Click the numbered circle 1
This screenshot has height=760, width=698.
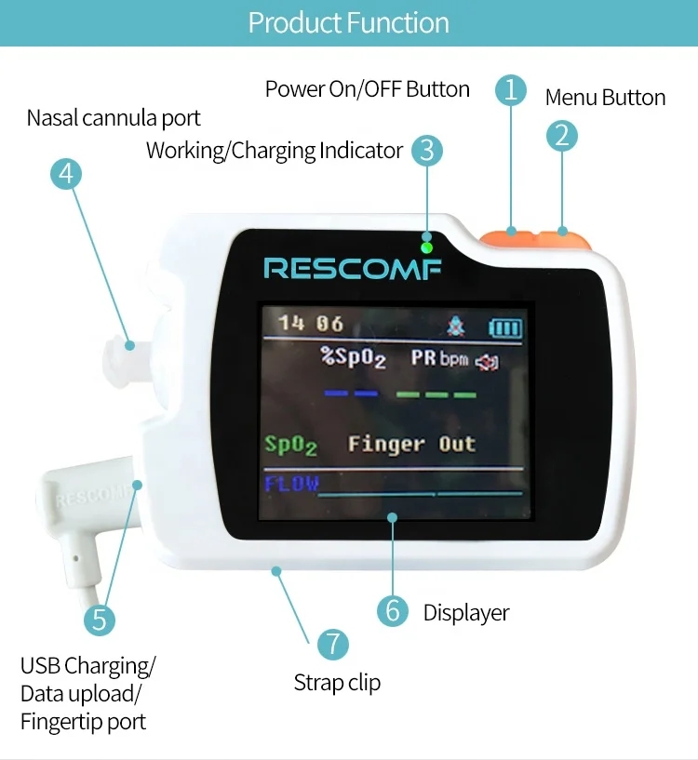tap(510, 89)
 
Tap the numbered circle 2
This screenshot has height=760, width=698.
tap(561, 136)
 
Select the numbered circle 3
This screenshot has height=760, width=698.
tap(426, 150)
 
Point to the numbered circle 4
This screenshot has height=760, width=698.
tap(66, 174)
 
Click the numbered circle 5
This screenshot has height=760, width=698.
tap(100, 620)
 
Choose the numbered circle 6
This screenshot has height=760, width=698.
tap(393, 611)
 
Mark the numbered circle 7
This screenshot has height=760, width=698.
tap(332, 644)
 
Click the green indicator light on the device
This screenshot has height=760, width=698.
tap(426, 247)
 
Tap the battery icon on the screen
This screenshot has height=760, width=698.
tap(506, 327)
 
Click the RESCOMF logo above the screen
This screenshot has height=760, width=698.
tap(353, 269)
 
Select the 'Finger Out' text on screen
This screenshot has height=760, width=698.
tap(411, 445)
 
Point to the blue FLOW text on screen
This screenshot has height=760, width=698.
tap(291, 484)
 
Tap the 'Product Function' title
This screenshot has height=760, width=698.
tap(349, 22)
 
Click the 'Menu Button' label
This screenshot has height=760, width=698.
tap(605, 98)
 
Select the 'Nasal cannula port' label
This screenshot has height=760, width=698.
tap(114, 118)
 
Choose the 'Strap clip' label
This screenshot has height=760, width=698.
tap(337, 683)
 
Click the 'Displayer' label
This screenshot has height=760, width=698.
tap(466, 612)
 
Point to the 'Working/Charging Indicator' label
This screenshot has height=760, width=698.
tap(275, 151)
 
